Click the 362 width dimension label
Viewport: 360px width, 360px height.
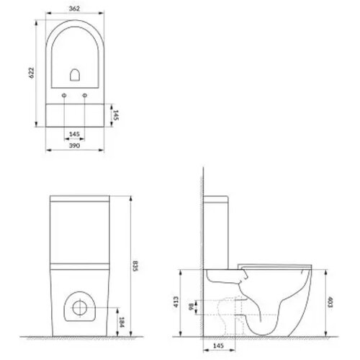point(74,9)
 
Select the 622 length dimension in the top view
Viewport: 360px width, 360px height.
point(32,73)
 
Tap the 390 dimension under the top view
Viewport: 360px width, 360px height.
point(74,145)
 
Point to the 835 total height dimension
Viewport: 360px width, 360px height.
point(135,266)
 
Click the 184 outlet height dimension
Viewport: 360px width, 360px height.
point(122,323)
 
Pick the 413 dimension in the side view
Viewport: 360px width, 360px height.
point(176,302)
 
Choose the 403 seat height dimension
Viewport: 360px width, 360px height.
point(330,302)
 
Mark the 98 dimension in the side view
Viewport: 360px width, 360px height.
point(191,307)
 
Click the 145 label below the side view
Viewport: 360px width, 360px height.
point(218,346)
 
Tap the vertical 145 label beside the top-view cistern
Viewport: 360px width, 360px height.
point(116,115)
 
